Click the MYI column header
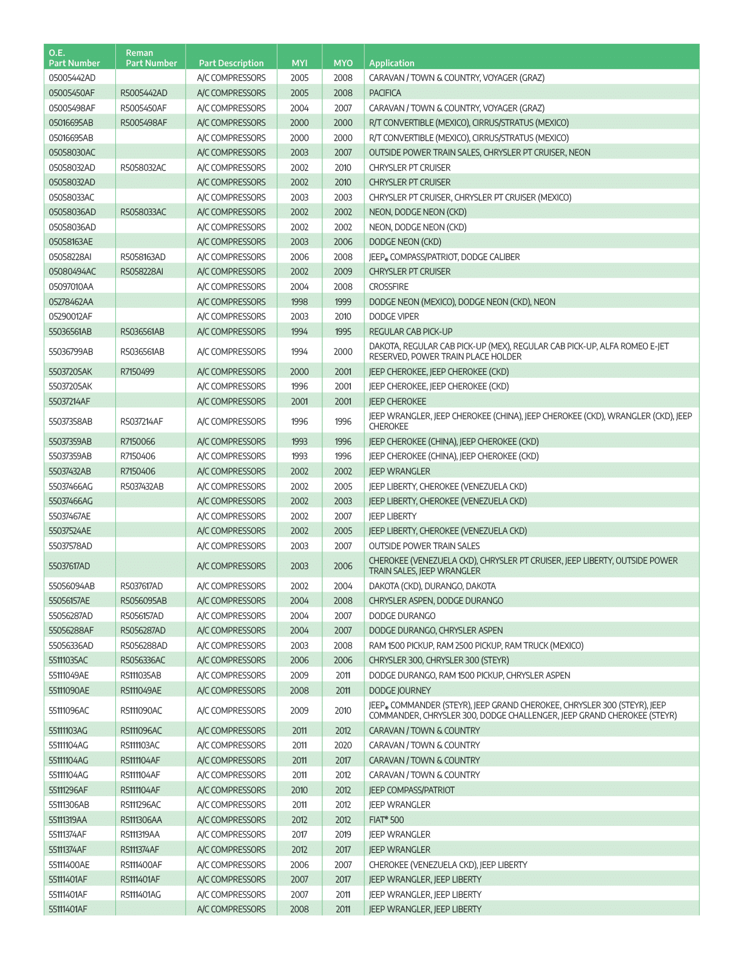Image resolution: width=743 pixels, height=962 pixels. point(299,63)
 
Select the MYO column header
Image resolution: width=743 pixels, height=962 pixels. point(343,63)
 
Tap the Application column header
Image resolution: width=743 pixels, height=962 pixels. point(392,63)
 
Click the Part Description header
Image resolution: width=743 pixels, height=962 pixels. point(231,63)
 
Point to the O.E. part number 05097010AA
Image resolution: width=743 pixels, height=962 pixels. point(71,287)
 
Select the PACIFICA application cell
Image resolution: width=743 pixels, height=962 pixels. point(385,93)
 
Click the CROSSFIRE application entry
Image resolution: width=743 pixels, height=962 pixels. point(388,287)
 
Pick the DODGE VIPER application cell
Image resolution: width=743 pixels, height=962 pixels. point(393,316)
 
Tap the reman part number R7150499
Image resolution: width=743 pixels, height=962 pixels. point(138,372)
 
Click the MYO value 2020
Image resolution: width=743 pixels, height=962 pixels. point(343,745)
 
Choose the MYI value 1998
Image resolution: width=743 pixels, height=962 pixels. point(299,302)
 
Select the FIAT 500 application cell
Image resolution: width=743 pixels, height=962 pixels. point(386,820)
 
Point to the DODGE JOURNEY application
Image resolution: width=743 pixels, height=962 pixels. point(399,691)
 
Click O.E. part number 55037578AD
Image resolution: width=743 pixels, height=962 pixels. point(70,546)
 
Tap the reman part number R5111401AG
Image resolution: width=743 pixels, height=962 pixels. point(141,895)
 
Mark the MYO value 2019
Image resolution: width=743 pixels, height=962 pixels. point(343,834)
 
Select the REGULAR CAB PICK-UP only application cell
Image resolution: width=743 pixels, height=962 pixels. point(410,332)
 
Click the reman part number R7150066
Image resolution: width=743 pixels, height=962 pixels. point(138,442)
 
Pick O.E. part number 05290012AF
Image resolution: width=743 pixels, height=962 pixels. point(70,316)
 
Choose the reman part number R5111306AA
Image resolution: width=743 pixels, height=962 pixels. point(141,820)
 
